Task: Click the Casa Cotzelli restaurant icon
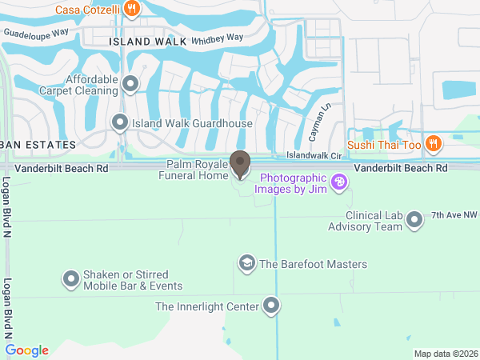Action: click(132, 10)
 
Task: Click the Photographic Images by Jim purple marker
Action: click(339, 183)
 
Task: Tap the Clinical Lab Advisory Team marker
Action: click(414, 219)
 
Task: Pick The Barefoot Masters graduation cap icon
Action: click(246, 263)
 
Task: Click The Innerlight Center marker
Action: click(272, 306)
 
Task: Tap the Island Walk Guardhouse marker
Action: click(120, 123)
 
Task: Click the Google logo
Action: click(26, 350)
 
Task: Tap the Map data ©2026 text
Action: click(445, 354)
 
